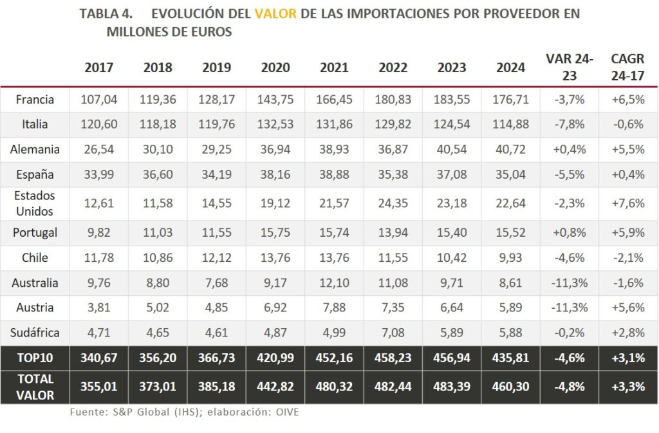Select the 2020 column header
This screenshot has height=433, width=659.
point(275,68)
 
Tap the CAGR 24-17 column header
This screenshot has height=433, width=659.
point(627,67)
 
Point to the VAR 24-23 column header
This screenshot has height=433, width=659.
point(569,67)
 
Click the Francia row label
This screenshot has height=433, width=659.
point(35,100)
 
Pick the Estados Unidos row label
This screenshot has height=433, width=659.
point(35,203)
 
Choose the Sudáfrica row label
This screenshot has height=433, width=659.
point(35,333)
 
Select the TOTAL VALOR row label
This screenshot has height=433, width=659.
point(36,387)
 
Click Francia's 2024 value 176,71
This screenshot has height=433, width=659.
point(510,100)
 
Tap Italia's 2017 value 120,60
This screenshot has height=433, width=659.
point(98,124)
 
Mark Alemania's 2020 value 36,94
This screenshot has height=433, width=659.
point(275,150)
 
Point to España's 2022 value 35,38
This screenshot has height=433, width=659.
point(393,174)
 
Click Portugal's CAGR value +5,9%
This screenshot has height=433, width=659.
point(627,233)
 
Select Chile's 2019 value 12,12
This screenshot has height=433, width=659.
point(217,258)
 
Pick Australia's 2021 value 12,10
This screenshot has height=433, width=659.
point(334,283)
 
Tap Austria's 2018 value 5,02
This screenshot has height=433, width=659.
point(158,308)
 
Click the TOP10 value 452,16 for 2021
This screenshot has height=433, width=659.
point(334,358)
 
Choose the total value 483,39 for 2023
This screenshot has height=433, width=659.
point(451,387)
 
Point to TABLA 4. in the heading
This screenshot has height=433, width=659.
point(106,14)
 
